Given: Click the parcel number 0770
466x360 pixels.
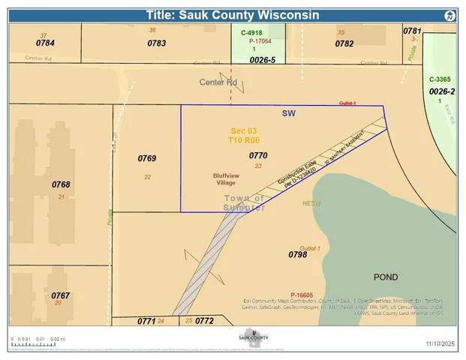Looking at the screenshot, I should point(258,155).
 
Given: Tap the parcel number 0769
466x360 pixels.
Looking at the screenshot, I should point(147,158).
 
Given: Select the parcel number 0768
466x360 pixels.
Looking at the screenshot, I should point(61,184).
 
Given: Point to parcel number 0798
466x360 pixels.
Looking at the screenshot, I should point(298,256).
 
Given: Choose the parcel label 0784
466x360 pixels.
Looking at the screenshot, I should point(45,43).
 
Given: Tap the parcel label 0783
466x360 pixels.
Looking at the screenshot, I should point(157,43).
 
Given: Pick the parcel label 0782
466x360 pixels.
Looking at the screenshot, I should point(344,43).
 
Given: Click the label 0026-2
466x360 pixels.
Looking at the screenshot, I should point(442,91).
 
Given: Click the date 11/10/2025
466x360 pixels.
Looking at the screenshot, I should point(440,343).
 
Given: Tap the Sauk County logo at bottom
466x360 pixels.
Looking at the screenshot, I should point(254,339).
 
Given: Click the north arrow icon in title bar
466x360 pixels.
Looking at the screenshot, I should point(448,15).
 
